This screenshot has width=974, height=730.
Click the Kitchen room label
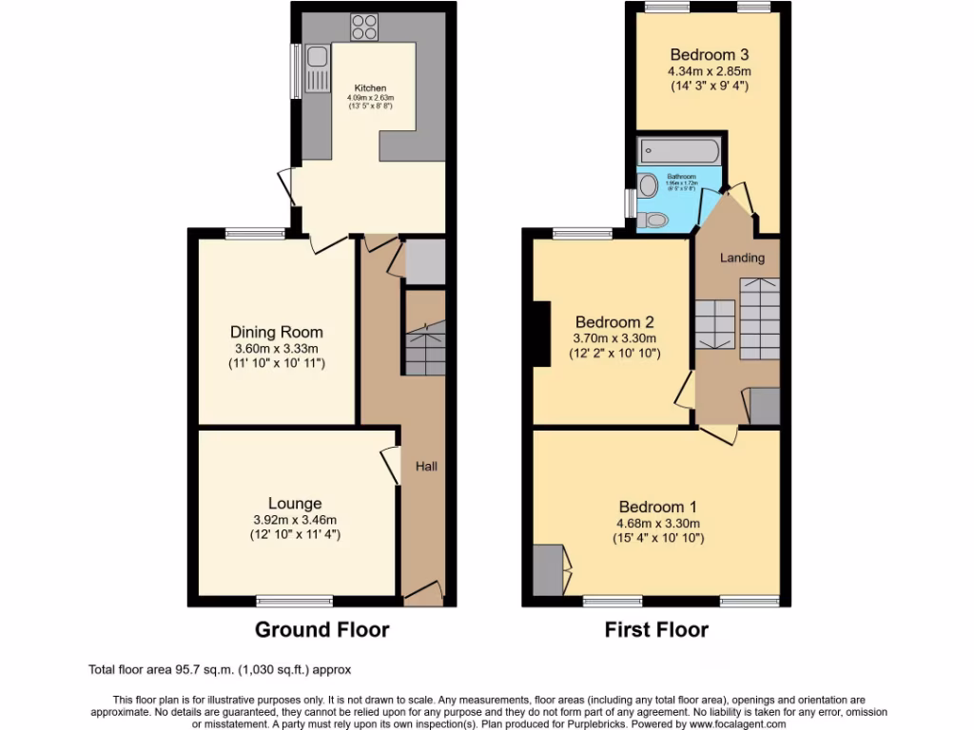(371, 88)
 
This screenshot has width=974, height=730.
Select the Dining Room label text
(277, 332)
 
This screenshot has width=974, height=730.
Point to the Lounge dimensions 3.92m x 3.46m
(295, 520)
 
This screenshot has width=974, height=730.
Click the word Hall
(425, 467)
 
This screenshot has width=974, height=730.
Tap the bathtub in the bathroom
(679, 149)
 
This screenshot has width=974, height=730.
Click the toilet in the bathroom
(654, 220)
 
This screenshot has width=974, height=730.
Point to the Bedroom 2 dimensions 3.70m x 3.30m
(614, 338)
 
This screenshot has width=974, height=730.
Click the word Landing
(742, 258)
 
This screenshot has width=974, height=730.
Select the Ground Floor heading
(321, 629)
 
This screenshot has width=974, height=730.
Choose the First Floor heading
(657, 629)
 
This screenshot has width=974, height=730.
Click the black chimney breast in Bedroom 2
(542, 333)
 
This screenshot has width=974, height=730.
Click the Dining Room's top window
(254, 231)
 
